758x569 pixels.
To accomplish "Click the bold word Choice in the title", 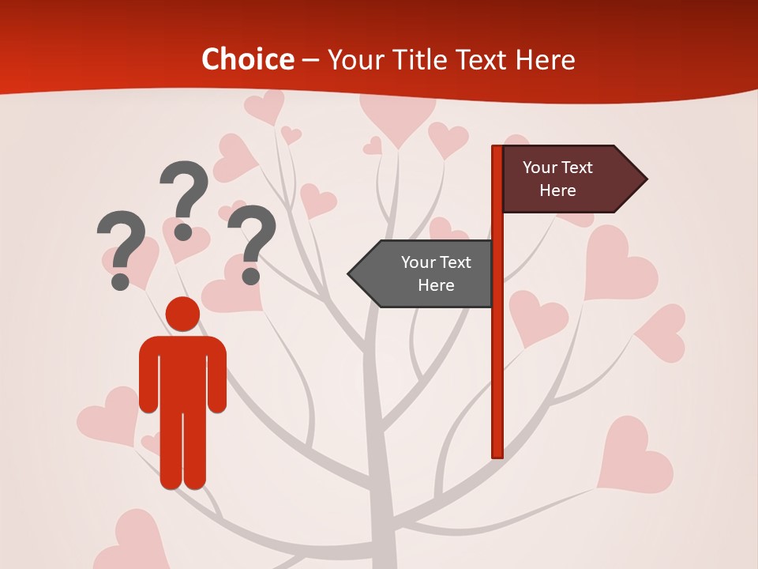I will (247, 60).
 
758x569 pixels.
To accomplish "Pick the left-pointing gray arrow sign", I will (423, 273).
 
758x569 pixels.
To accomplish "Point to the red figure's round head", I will (182, 314).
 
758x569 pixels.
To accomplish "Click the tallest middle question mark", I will (184, 198).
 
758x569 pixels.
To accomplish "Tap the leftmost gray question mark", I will (121, 248).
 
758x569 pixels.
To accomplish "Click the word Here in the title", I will (545, 60).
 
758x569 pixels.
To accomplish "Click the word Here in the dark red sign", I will (557, 190).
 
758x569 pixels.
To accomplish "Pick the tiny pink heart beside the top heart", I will (373, 146).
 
